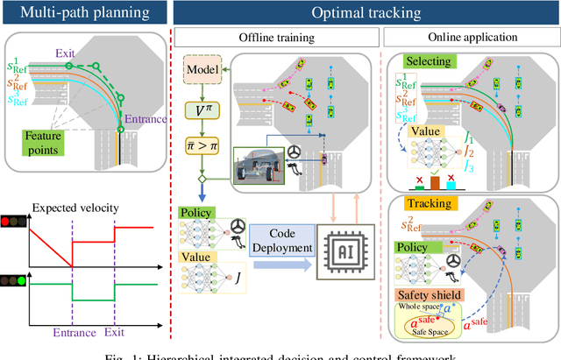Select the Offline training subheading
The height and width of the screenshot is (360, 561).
[276, 38]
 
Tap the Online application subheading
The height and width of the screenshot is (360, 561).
[471, 38]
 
